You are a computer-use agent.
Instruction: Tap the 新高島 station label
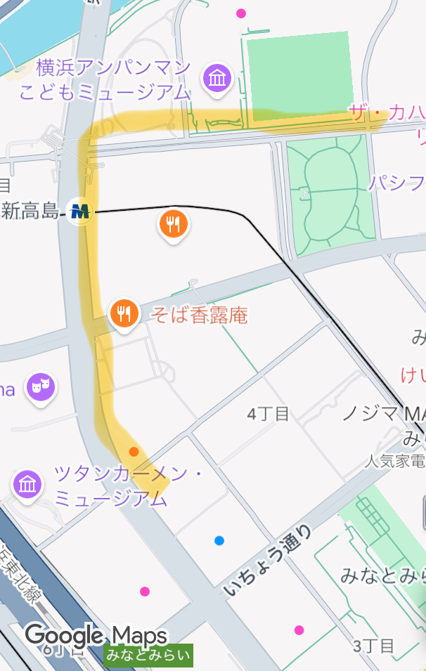pos(30,209)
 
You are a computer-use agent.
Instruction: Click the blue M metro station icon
pos(80,210)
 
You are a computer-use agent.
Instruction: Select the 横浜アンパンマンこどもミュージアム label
pos(105,79)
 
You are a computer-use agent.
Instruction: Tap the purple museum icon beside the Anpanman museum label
pos(217,78)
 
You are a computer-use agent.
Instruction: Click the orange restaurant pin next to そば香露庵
pos(124,313)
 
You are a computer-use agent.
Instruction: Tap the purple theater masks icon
pos(41,386)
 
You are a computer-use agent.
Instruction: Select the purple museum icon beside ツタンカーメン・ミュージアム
pos(27,484)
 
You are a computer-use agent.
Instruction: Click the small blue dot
pos(219,540)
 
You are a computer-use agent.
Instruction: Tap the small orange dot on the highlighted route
pos(134,451)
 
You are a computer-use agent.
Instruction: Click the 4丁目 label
pos(268,414)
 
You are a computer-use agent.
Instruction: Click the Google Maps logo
pos(96,636)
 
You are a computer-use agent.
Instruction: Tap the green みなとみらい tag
pos(148,656)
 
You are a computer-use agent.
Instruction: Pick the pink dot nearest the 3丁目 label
pos(299,630)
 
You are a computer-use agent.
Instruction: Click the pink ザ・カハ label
pos(387,114)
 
